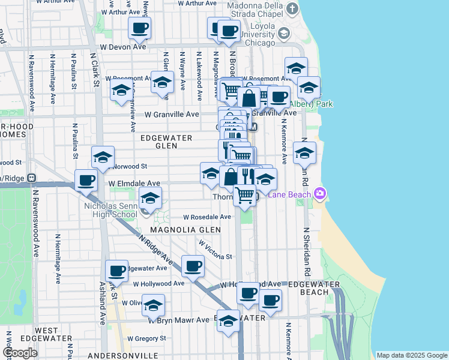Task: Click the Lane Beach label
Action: [289, 194]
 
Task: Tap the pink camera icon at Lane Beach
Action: [319, 193]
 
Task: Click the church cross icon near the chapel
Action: [292, 8]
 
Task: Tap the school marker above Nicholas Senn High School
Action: [150, 198]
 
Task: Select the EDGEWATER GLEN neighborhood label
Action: [166, 142]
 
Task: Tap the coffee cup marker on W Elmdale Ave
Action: [86, 180]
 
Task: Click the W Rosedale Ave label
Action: [207, 217]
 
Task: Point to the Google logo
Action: [20, 353]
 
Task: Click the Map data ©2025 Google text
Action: [412, 355]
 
